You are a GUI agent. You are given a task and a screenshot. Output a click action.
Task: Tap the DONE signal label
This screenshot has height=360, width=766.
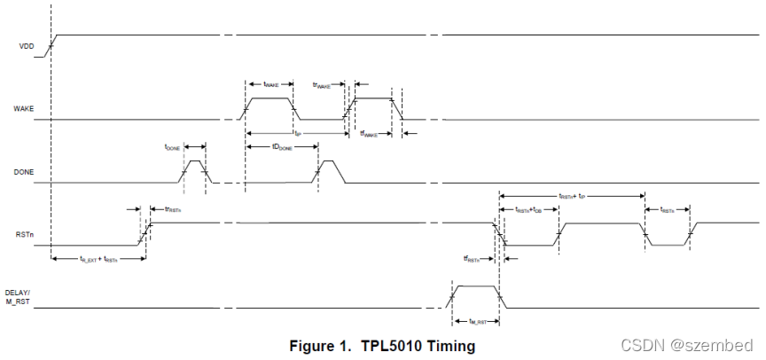click(24, 171)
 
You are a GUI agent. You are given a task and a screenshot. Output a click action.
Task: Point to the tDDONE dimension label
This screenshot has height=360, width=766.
click(282, 147)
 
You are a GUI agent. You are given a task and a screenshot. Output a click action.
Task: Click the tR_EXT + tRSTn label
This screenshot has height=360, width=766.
click(98, 259)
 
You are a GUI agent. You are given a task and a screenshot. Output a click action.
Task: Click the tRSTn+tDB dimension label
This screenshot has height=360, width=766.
click(535, 209)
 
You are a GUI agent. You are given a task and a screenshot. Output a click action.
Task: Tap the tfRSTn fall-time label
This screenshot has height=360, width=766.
click(475, 259)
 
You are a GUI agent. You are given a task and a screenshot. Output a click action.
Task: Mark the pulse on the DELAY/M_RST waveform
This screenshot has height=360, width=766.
click(477, 287)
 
